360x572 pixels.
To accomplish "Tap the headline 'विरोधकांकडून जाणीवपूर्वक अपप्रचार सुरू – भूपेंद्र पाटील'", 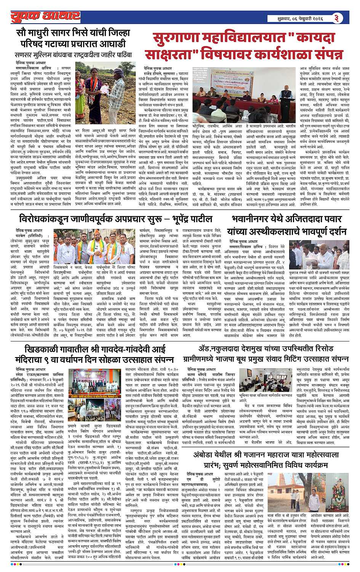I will pos(116,220).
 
